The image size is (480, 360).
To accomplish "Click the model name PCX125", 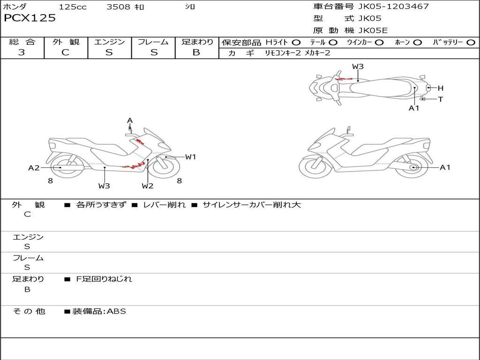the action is coord(30,18).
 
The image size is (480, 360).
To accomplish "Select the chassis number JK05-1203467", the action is coord(393,6).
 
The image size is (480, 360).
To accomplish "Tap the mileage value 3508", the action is coord(118,7).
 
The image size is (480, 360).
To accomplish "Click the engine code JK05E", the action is coord(373,30).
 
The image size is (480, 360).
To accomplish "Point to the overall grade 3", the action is coord(22,52).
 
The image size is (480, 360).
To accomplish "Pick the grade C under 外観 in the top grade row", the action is coord(65,52).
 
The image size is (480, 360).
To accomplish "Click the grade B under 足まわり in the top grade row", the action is coord(196,52).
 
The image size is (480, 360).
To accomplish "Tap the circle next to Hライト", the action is coord(296,43).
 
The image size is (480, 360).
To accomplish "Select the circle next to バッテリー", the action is coord(471,43).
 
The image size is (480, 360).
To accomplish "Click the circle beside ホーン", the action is coord(417,43).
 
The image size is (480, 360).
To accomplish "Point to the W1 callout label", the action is coord(190,157).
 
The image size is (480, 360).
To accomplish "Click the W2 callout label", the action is coord(147,186).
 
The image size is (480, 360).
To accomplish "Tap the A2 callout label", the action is coord(34,168).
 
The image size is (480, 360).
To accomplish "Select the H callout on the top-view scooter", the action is coord(441,88).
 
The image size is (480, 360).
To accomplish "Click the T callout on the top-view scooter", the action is coord(441,99).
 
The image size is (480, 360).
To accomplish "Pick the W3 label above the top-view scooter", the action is coord(358,67).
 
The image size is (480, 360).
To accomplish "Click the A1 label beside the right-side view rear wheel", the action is coord(445,167).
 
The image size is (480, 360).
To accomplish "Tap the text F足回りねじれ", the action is coord(104,279).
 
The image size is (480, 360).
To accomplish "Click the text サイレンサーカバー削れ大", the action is coord(252,205).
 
